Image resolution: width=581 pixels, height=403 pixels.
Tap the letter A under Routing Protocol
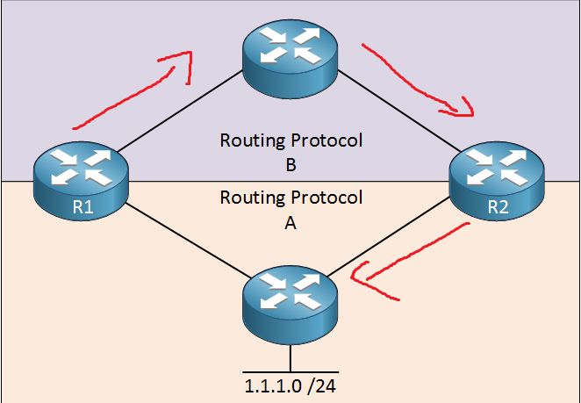pos(290,223)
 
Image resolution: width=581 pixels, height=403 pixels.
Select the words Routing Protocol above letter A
pos(290,198)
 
